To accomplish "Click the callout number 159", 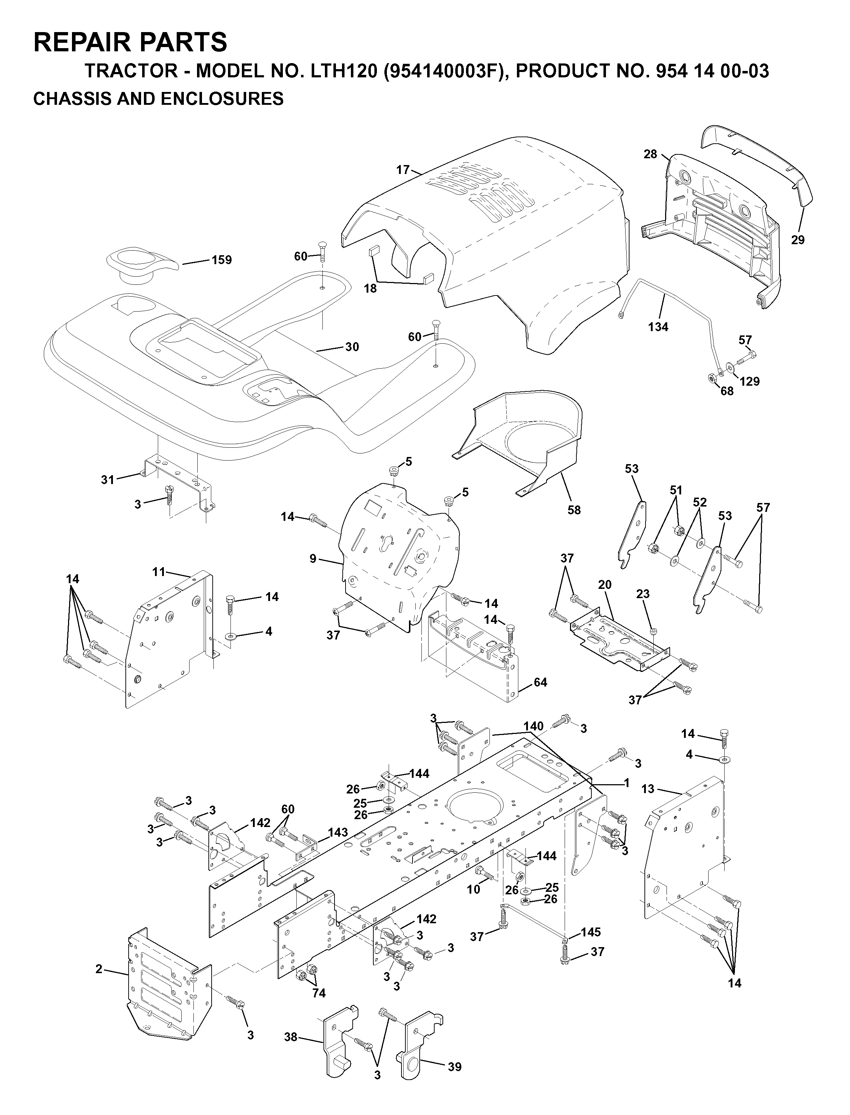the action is pos(222,260).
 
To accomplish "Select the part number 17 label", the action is pos(403,170).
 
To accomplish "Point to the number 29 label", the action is pos(798,240).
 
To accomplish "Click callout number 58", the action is pos(574,510).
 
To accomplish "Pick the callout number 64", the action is pos(540,682).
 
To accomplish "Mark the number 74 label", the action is pos(319,993).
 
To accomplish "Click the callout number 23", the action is pos(643,594).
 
